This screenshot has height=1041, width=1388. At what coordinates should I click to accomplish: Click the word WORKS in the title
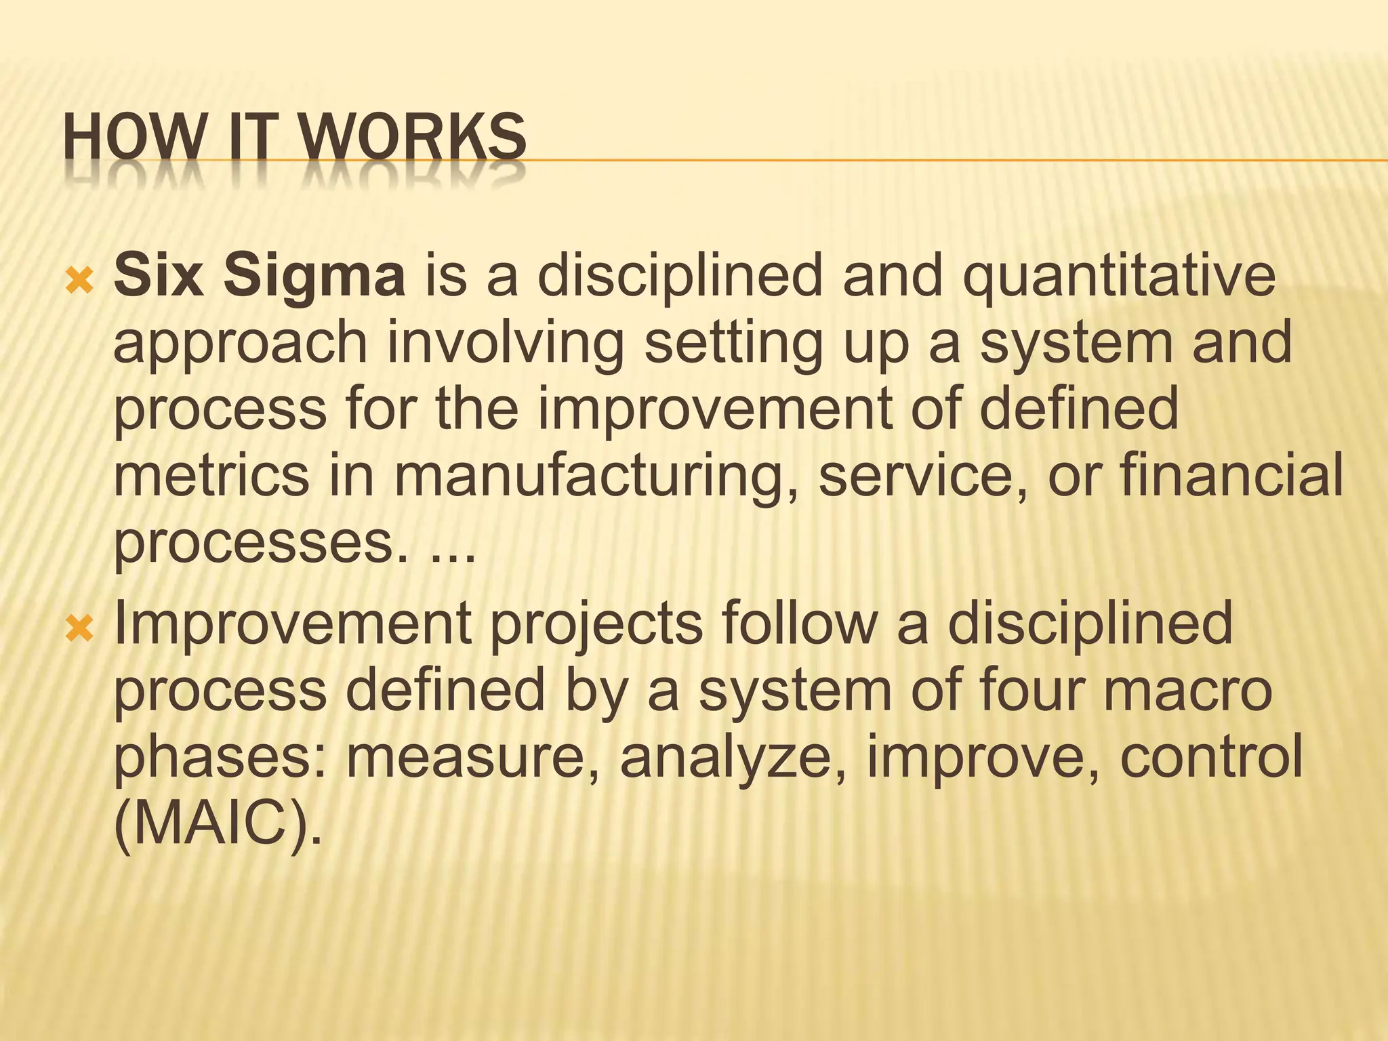pyautogui.click(x=415, y=137)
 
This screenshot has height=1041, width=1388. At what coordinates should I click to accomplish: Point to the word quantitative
pyautogui.click(x=1119, y=277)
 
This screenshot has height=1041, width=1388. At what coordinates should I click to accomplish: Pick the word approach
pyautogui.click(x=240, y=345)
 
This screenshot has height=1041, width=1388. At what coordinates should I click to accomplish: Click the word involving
pyautogui.click(x=505, y=345)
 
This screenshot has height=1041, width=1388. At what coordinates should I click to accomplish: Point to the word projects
pyautogui.click(x=596, y=626)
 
